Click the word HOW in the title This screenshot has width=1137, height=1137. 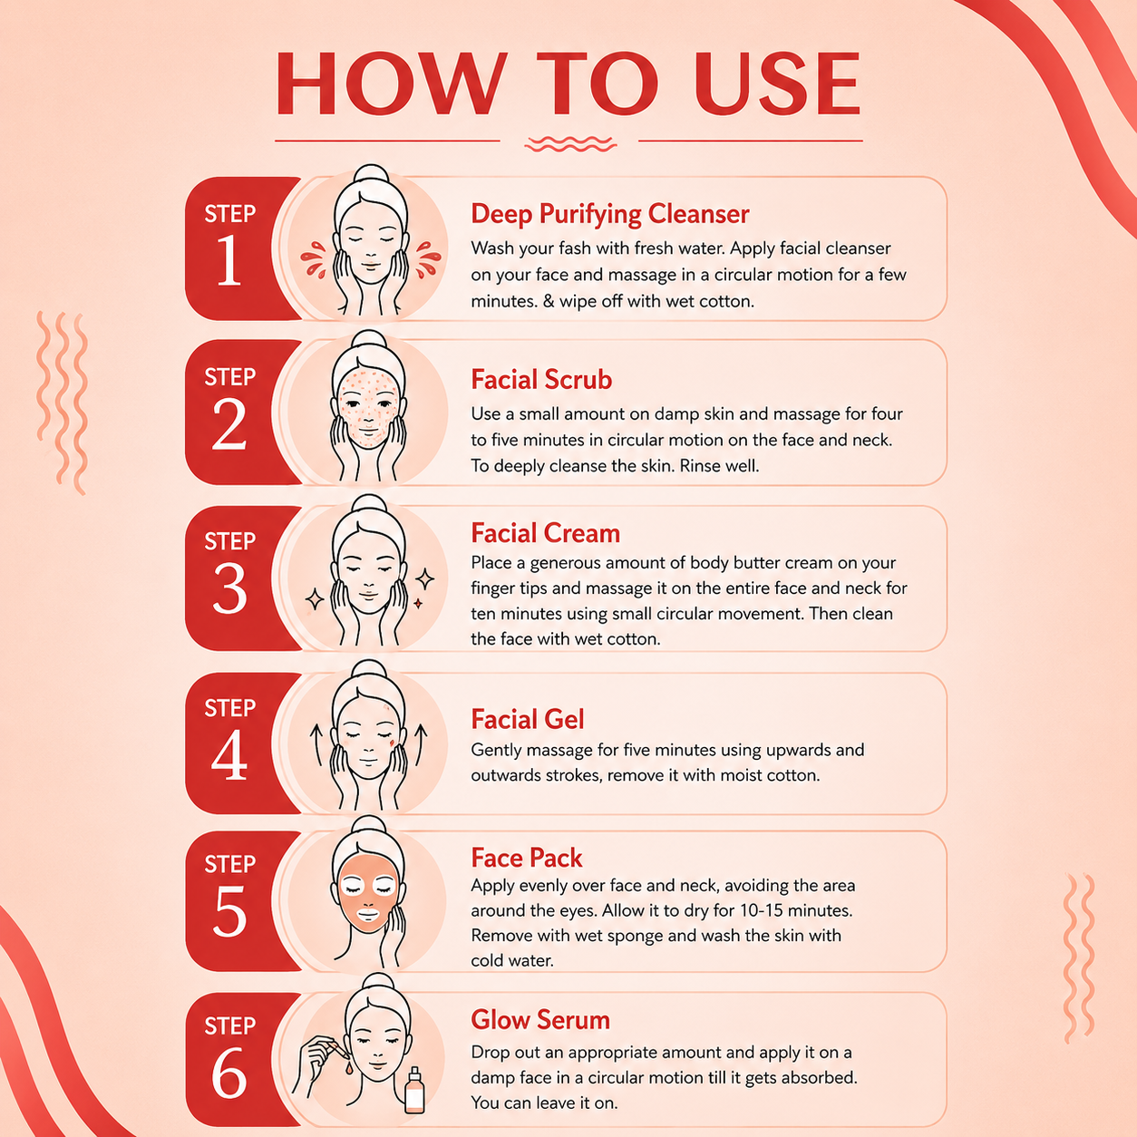pyautogui.click(x=392, y=83)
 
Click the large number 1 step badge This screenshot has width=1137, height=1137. pyautogui.click(x=228, y=260)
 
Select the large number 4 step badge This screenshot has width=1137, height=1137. pyautogui.click(x=228, y=754)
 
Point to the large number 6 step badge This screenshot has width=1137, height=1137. pyautogui.click(x=228, y=1074)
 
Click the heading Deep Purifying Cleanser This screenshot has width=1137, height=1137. pyautogui.click(x=609, y=214)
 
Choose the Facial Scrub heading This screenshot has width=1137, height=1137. pyautogui.click(x=541, y=379)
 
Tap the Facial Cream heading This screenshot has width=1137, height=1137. pyautogui.click(x=545, y=533)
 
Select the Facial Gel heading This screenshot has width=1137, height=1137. pyautogui.click(x=528, y=719)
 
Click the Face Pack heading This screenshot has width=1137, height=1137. pyautogui.click(x=526, y=858)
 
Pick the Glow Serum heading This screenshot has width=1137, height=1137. pyautogui.click(x=539, y=1020)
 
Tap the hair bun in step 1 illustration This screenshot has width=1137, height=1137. pyautogui.click(x=371, y=177)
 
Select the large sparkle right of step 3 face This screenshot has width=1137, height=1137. pyautogui.click(x=425, y=579)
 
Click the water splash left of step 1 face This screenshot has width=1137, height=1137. pyautogui.click(x=314, y=259)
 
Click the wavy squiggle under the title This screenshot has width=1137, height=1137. pyautogui.click(x=570, y=143)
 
